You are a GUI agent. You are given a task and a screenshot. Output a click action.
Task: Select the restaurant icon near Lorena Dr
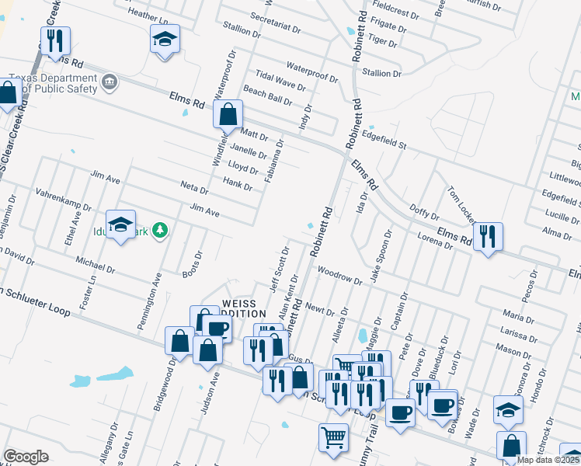(488, 235)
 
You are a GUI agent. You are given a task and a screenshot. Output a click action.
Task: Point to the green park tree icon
(160, 229)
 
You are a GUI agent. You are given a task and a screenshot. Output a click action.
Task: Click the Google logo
(26, 457)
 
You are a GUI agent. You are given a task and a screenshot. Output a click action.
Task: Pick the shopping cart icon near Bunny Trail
(333, 437)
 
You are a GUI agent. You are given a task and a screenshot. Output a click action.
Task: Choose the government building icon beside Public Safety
(110, 81)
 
